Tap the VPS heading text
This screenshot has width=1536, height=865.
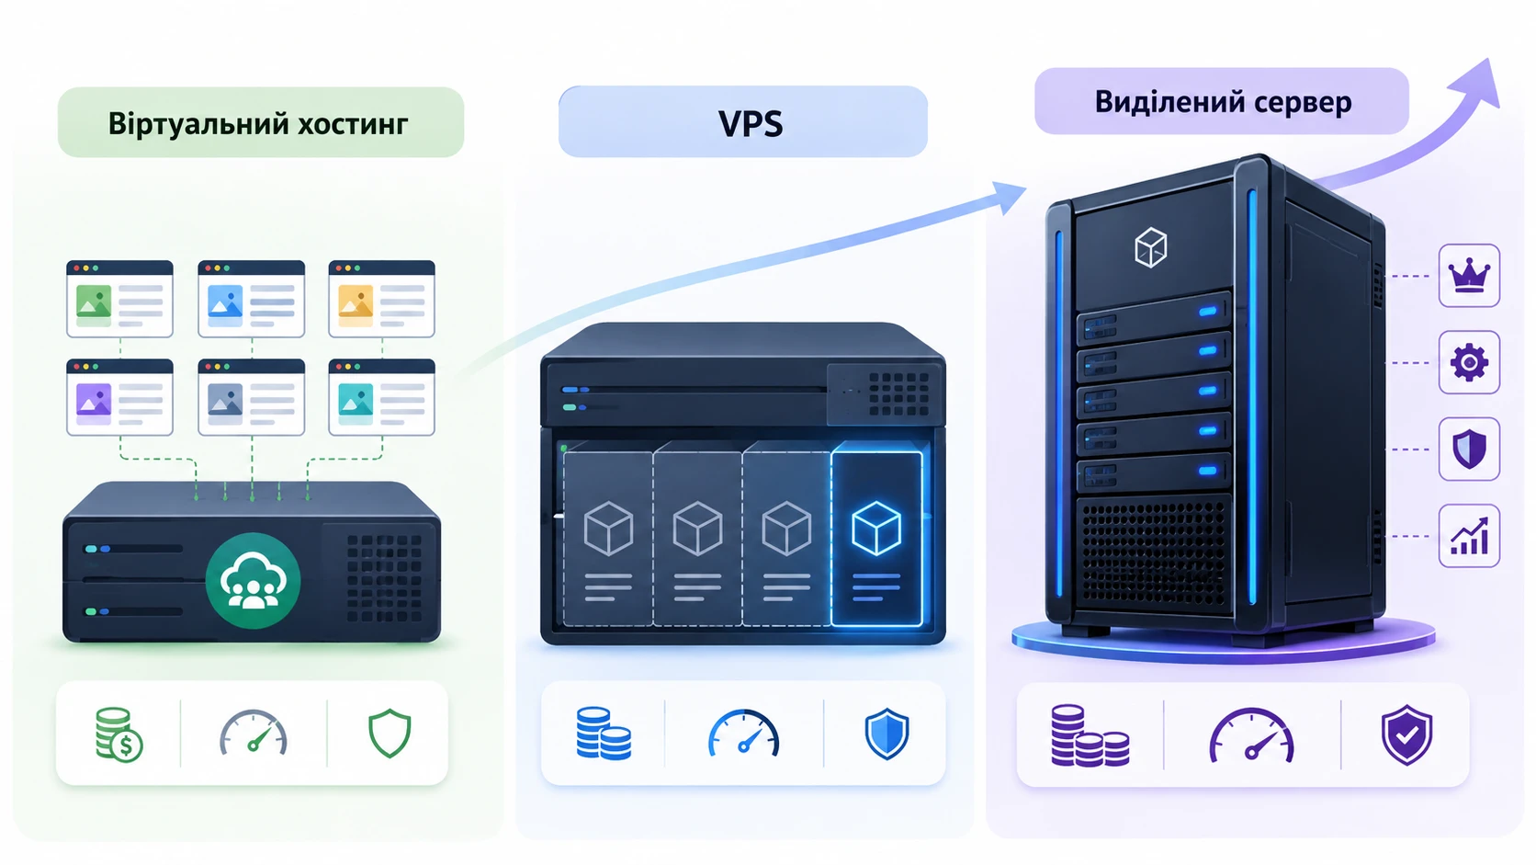(751, 124)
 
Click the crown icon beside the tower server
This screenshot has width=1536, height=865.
(1469, 276)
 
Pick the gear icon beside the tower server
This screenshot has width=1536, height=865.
(1469, 362)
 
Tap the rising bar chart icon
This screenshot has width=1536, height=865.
(1469, 536)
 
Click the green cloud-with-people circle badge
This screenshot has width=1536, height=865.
(253, 581)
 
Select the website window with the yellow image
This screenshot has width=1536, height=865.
(381, 299)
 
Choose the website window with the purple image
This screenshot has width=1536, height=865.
(119, 397)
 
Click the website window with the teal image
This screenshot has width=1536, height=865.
(381, 397)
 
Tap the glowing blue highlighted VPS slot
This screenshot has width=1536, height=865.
(876, 539)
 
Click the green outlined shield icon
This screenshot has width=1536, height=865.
(390, 734)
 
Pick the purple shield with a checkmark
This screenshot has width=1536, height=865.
(1406, 734)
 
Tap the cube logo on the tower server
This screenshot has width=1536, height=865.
(1151, 247)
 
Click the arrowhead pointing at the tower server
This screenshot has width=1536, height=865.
(1010, 197)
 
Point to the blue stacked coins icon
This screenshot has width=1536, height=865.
(604, 734)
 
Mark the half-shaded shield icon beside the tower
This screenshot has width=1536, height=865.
(1469, 450)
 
